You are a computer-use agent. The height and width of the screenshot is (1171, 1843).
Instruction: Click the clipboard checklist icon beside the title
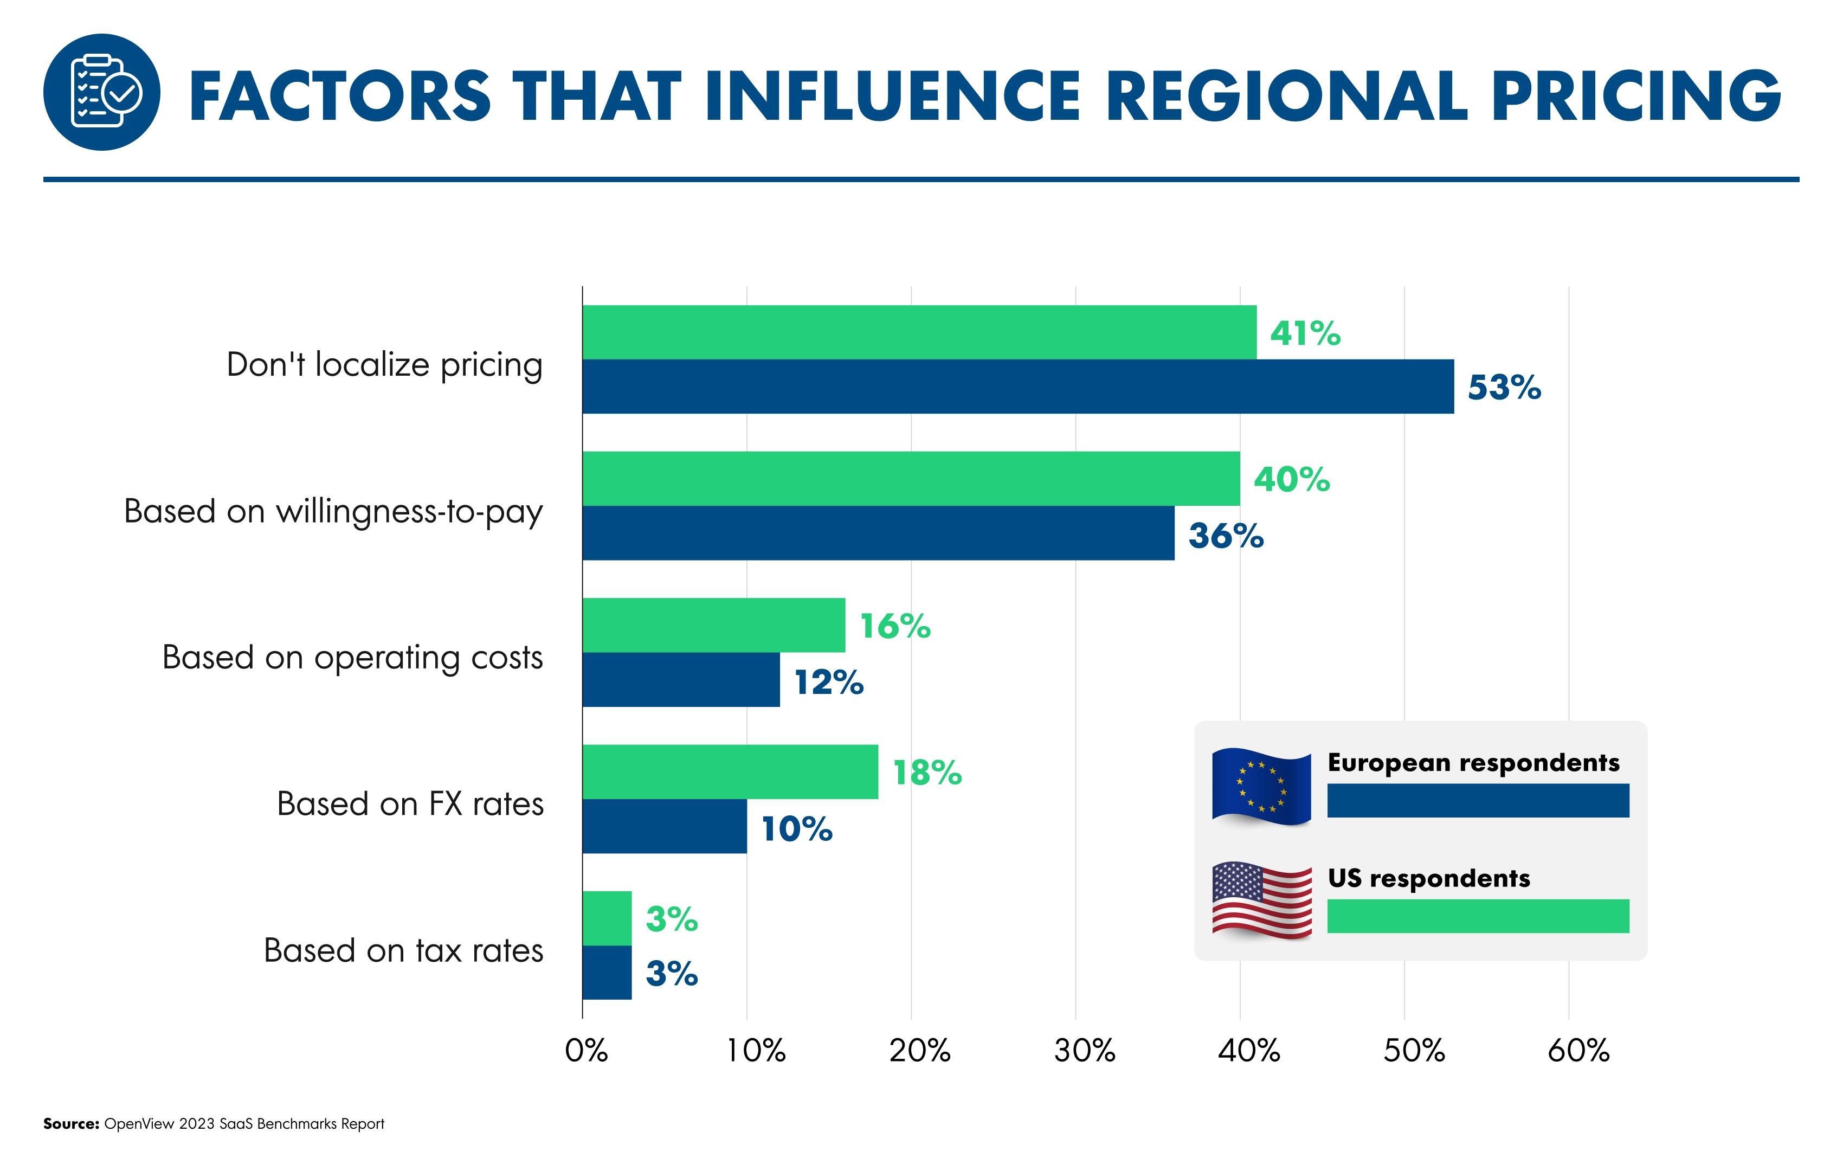pos(102,92)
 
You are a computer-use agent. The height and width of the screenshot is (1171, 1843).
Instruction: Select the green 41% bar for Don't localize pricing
pos(918,332)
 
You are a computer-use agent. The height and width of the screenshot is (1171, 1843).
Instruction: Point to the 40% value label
pos(1291,480)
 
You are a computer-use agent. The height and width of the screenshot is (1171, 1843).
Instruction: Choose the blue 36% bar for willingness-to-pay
pos(878,533)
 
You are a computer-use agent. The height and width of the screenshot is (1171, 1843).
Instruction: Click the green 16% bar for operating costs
pos(713,625)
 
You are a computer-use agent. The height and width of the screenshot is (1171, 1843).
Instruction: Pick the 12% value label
pos(829,682)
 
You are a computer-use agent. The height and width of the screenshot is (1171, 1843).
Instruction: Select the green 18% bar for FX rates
pos(730,771)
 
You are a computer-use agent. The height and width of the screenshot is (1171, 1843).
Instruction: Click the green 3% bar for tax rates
pos(607,918)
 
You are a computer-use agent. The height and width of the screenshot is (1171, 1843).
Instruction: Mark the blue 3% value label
pos(671,974)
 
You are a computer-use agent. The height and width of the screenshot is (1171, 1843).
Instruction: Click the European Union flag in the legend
pos(1260,786)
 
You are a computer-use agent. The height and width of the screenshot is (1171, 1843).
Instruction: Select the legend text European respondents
pos(1473,763)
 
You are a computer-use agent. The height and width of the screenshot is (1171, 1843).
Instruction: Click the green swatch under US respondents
pos(1478,916)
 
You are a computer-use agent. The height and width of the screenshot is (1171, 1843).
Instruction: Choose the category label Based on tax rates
pos(403,950)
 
